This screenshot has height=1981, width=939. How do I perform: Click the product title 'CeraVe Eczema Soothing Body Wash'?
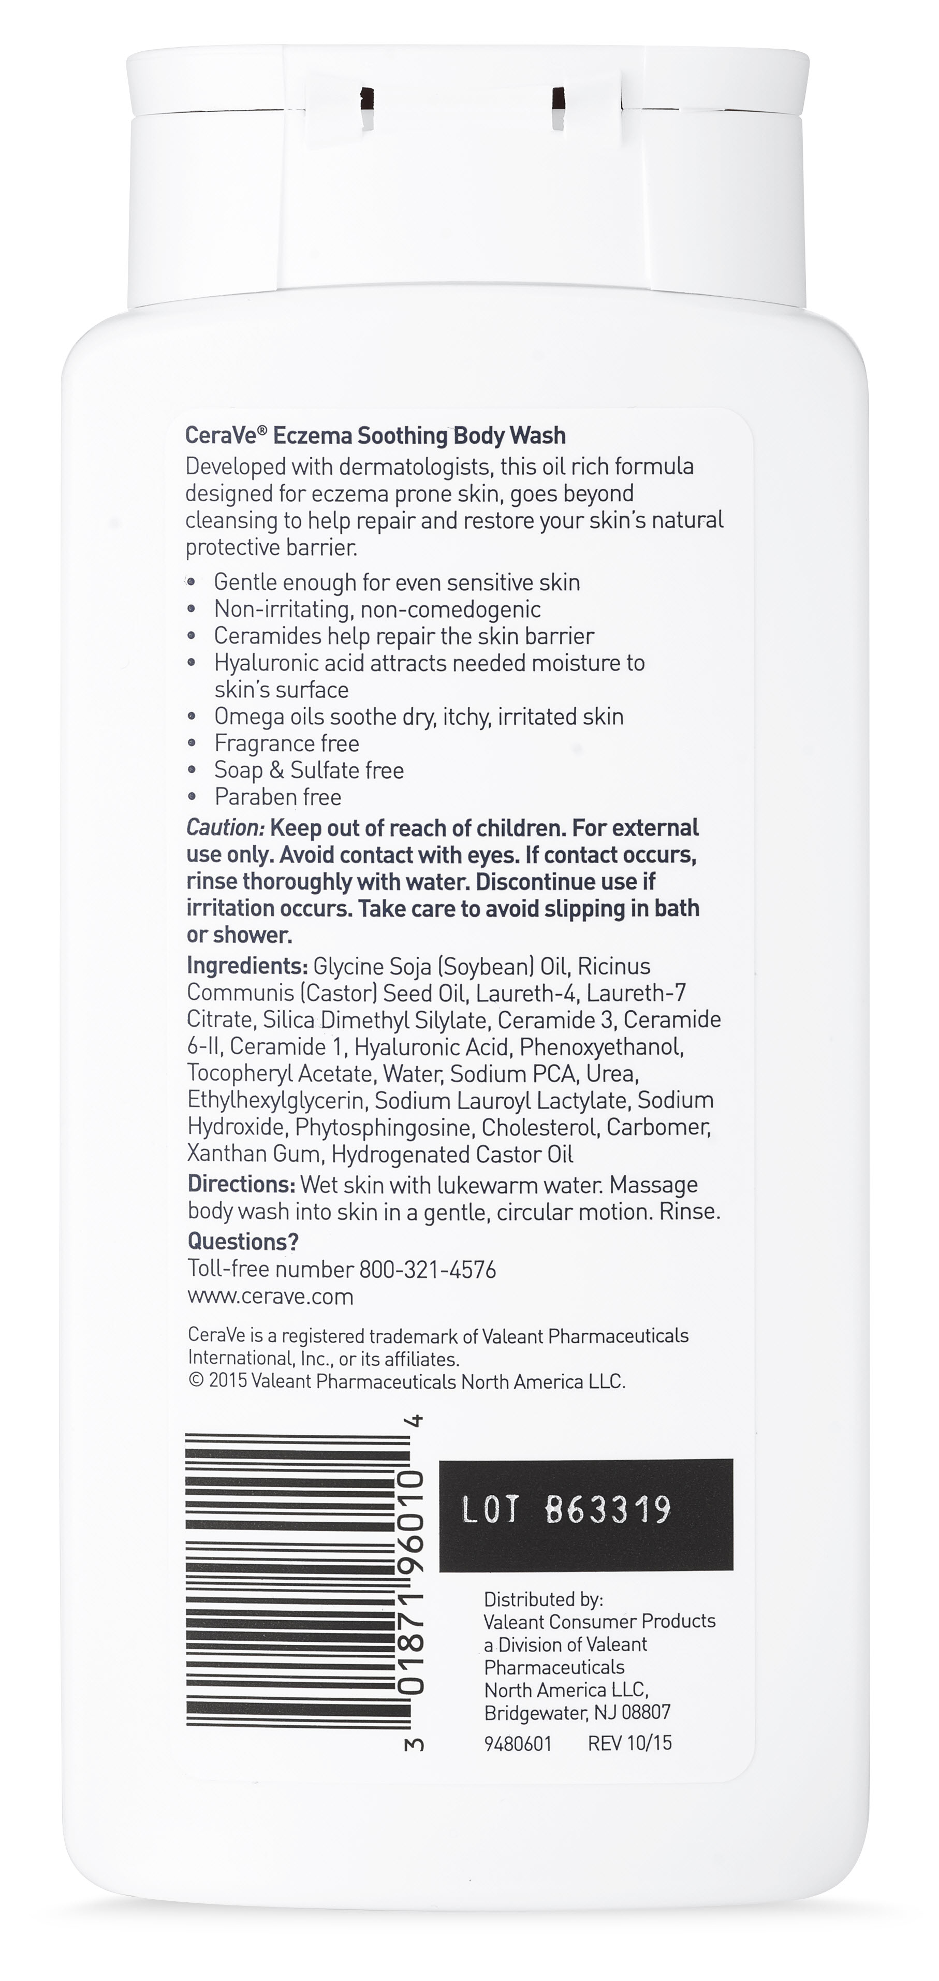[x=375, y=435]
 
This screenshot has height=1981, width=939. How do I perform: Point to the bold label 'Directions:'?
[x=241, y=1184]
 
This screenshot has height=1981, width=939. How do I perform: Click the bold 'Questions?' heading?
[x=243, y=1241]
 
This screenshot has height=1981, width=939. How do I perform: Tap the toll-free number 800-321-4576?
[x=428, y=1269]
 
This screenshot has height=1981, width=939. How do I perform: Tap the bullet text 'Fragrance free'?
[x=286, y=743]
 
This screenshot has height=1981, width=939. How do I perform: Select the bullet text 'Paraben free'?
[x=277, y=797]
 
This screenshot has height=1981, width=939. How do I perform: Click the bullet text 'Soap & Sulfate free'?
[x=309, y=770]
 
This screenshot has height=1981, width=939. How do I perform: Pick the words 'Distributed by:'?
[x=543, y=1599]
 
